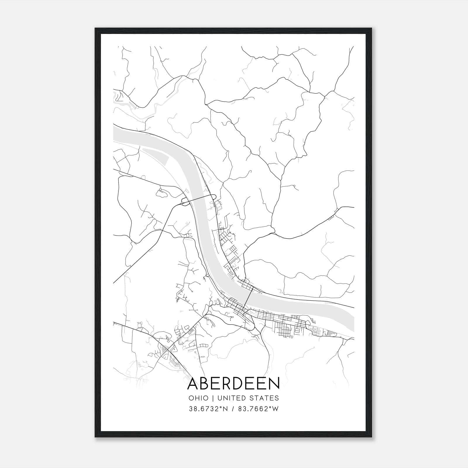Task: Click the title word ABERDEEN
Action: (233, 383)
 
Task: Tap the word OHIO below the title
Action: (198, 398)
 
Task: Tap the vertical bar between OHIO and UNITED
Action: (212, 398)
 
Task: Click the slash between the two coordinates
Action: (233, 409)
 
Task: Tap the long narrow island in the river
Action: (155, 154)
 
